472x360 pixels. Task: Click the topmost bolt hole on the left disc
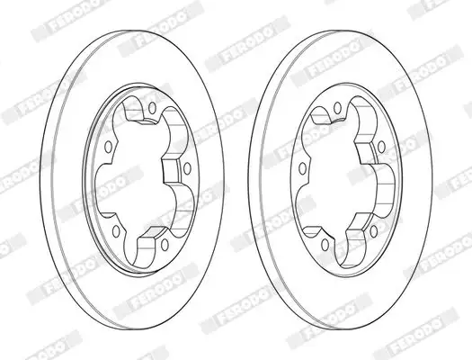pyautogui.click(x=153, y=108)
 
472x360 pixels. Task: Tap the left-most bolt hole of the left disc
pyautogui.click(x=108, y=147)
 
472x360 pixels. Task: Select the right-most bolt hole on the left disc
pyautogui.click(x=187, y=168)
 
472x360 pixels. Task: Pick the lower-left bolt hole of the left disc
pyautogui.click(x=116, y=230)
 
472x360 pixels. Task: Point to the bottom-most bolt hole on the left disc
pyautogui.click(x=165, y=245)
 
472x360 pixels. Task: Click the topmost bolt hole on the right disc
pyautogui.click(x=338, y=107)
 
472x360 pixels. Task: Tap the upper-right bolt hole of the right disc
pyautogui.click(x=381, y=146)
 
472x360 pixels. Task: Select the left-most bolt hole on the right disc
pyautogui.click(x=302, y=168)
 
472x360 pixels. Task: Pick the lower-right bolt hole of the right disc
pyautogui.click(x=374, y=231)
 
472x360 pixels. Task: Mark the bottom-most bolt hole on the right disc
pyautogui.click(x=325, y=245)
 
